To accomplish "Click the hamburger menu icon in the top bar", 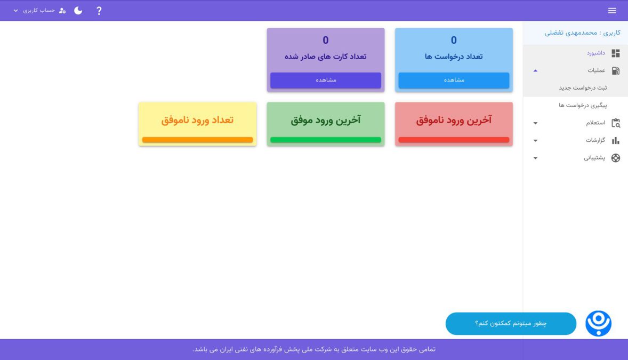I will pyautogui.click(x=612, y=11).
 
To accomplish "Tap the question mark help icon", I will pyautogui.click(x=99, y=11).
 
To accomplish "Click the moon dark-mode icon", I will pyautogui.click(x=78, y=11).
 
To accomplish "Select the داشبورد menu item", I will pyautogui.click(x=596, y=53).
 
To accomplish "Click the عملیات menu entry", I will pyautogui.click(x=596, y=70).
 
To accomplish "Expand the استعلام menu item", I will pyautogui.click(x=595, y=123).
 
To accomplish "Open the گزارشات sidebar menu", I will pyautogui.click(x=595, y=140).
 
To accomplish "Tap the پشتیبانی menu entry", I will pyautogui.click(x=594, y=158).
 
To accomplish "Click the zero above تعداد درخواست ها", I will pyautogui.click(x=454, y=40).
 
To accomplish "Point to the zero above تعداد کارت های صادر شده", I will pyautogui.click(x=326, y=40).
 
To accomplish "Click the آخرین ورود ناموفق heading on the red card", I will pyautogui.click(x=454, y=120).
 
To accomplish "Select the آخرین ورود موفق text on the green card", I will pyautogui.click(x=326, y=120).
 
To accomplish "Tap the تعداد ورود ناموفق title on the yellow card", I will pyautogui.click(x=197, y=120).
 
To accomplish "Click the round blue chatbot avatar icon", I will pyautogui.click(x=598, y=323).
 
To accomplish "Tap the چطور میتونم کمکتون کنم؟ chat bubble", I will pyautogui.click(x=511, y=324).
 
